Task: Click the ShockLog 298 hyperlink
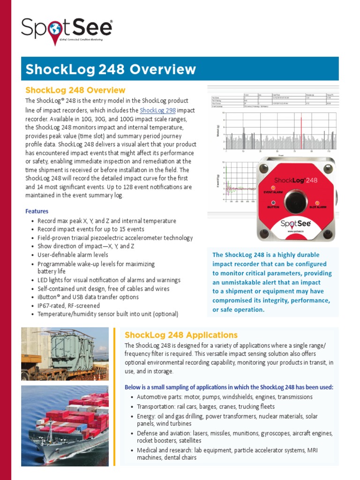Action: coord(157,110)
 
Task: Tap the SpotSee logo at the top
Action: coord(67,29)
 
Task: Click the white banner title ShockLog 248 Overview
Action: coord(111,69)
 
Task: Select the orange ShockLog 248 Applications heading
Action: coord(181,335)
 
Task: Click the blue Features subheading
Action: coord(37,211)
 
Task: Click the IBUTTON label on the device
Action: coord(273,207)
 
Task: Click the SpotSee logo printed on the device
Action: coord(295,224)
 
